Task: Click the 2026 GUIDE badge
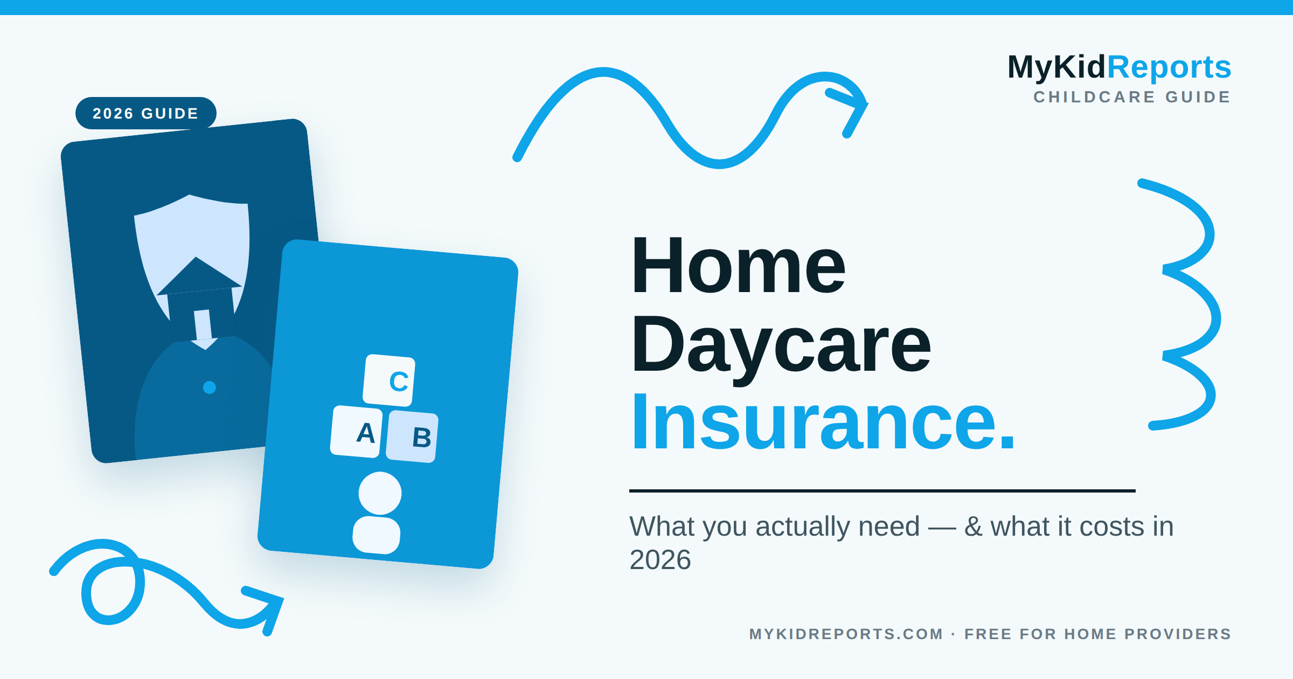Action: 145,113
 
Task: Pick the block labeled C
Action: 389,380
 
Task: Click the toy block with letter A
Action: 357,432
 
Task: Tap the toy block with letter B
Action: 412,436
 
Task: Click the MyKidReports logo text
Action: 1120,67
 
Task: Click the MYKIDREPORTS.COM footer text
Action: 846,634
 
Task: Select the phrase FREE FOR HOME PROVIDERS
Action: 1098,634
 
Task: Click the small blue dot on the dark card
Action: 210,387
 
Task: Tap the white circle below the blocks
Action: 380,493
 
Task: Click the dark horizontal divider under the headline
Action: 882,491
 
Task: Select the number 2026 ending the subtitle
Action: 660,560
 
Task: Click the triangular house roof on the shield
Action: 199,276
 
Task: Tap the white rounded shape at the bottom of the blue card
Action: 377,535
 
